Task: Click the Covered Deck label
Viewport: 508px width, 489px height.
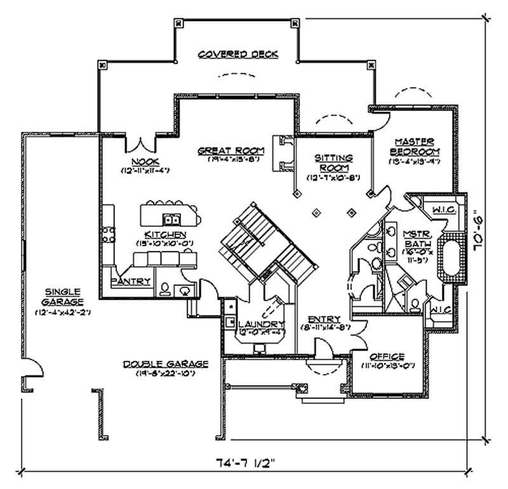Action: click(x=238, y=55)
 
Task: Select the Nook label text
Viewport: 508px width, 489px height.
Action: click(x=145, y=162)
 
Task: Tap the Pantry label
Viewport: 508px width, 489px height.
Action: click(x=131, y=281)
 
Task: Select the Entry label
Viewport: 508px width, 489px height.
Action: click(x=324, y=319)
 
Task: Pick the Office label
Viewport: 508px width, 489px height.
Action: click(x=387, y=357)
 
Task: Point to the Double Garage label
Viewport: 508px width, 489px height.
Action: click(x=166, y=364)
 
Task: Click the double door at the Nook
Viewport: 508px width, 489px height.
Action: click(x=140, y=144)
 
